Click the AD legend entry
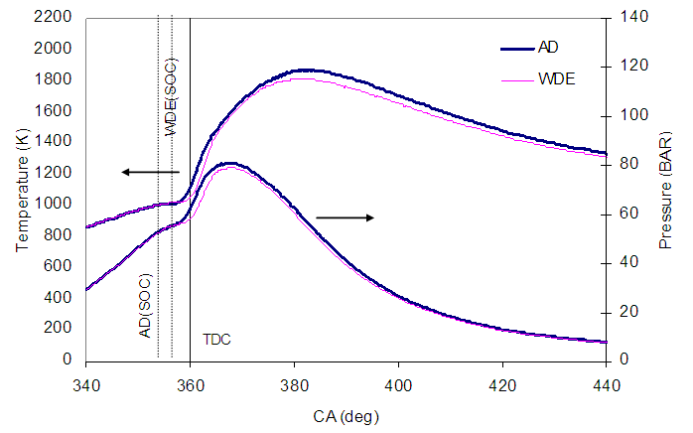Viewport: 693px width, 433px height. coord(547,48)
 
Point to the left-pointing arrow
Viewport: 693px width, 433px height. coord(150,172)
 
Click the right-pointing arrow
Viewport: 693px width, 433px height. coord(344,216)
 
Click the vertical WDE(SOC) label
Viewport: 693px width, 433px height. coord(172,96)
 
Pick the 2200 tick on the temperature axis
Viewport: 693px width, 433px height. coord(56,17)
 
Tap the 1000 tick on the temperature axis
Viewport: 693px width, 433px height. coord(56,204)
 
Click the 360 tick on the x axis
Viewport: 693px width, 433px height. coord(190,383)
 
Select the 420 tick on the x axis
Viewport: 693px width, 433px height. coord(501,383)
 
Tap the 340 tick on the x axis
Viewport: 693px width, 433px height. coord(86,383)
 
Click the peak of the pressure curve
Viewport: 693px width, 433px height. coord(230,163)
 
